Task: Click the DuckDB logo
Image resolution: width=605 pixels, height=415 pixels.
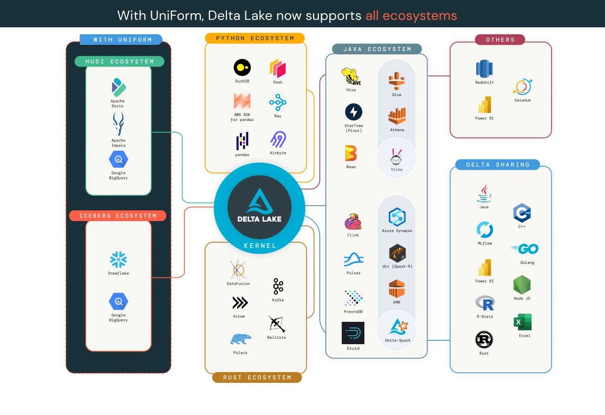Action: coord(242,68)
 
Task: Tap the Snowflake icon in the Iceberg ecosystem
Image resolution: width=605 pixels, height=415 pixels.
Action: coord(118,260)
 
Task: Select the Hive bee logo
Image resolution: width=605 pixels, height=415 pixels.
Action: coord(351,77)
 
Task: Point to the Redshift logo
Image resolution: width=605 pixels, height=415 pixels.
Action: coord(484,69)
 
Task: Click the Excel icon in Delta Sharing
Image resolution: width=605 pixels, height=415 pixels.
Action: coord(523,322)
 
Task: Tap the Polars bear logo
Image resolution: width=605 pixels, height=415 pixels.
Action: coord(240,339)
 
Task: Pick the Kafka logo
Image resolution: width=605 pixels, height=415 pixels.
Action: coord(278,286)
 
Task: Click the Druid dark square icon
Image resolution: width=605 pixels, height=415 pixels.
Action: coord(353,333)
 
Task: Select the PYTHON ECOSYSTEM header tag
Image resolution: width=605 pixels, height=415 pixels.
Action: coord(255,38)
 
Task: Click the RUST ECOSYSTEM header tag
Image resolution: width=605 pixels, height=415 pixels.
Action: coord(257,377)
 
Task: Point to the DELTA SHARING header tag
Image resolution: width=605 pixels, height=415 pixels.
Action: coord(498,164)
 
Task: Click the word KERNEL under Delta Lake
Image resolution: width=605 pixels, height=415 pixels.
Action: coord(260,246)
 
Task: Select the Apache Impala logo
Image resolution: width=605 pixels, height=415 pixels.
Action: coord(118,124)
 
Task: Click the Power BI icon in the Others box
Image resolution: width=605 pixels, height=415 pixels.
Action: coord(484,105)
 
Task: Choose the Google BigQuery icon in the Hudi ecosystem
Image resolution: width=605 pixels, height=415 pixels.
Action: coord(118,159)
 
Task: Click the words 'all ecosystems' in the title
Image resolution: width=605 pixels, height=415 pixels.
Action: coord(411,15)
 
